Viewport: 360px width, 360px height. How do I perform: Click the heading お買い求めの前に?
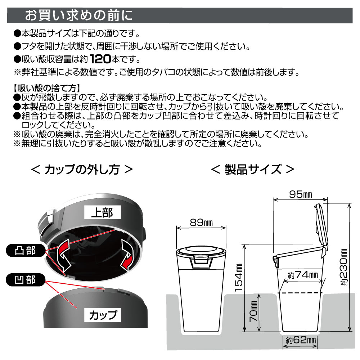click(79, 15)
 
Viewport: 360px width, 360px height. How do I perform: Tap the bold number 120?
click(100, 59)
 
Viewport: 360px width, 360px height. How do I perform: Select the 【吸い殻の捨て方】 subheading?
click(47, 88)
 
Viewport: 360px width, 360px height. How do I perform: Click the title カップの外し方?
click(82, 170)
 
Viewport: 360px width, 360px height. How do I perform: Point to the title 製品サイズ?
click(253, 170)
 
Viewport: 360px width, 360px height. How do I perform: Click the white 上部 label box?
click(102, 212)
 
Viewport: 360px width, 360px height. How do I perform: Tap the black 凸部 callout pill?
click(25, 250)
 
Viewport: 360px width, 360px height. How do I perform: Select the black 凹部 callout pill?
click(25, 280)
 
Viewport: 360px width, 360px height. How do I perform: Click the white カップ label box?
click(102, 315)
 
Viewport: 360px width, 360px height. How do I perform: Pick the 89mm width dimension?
click(201, 222)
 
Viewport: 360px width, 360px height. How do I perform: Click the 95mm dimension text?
click(300, 194)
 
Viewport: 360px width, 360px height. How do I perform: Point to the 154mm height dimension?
click(239, 277)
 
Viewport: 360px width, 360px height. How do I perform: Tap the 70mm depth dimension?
click(253, 311)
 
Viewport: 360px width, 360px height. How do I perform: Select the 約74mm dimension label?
click(303, 275)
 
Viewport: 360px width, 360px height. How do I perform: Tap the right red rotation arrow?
click(127, 255)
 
